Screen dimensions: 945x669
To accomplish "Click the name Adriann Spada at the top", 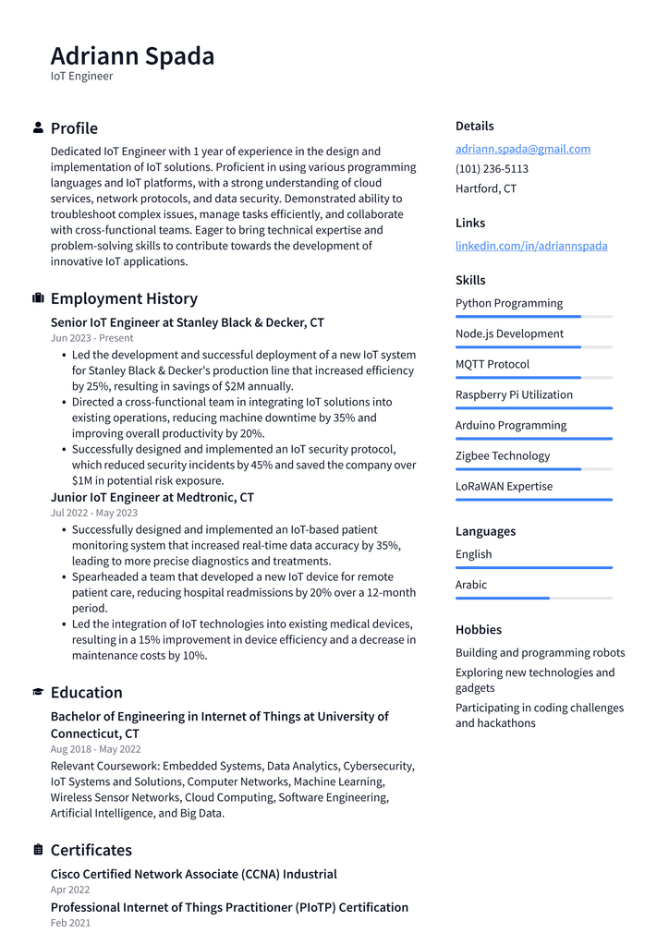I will (132, 56).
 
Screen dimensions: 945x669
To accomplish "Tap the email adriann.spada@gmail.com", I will (522, 149).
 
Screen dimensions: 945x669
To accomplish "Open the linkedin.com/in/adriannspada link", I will (531, 246).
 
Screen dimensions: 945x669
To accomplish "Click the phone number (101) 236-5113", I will (492, 169).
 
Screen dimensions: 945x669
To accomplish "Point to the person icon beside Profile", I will (38, 127).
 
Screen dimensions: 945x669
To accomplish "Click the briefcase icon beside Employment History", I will (38, 298).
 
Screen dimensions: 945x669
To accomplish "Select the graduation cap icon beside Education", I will (38, 692).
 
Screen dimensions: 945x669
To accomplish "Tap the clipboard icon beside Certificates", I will (38, 850).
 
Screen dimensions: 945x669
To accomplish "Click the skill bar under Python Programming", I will (533, 317).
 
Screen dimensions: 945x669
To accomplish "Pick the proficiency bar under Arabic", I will (533, 599).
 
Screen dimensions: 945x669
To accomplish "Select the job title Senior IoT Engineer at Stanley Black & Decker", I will (187, 322).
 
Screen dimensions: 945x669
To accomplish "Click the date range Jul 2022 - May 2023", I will (93, 513).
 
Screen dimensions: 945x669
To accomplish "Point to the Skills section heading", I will (469, 280).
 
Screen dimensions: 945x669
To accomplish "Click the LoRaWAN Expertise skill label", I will (504, 486).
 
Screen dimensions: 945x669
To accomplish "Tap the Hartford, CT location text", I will (485, 188).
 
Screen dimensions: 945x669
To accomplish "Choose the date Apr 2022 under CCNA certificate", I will (70, 890).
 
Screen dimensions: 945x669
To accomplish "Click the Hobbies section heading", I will (478, 629).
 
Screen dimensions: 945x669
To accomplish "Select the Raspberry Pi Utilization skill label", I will (514, 394).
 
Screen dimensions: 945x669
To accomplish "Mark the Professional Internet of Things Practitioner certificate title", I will (229, 907).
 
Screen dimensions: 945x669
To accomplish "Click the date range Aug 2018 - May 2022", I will (95, 749).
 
